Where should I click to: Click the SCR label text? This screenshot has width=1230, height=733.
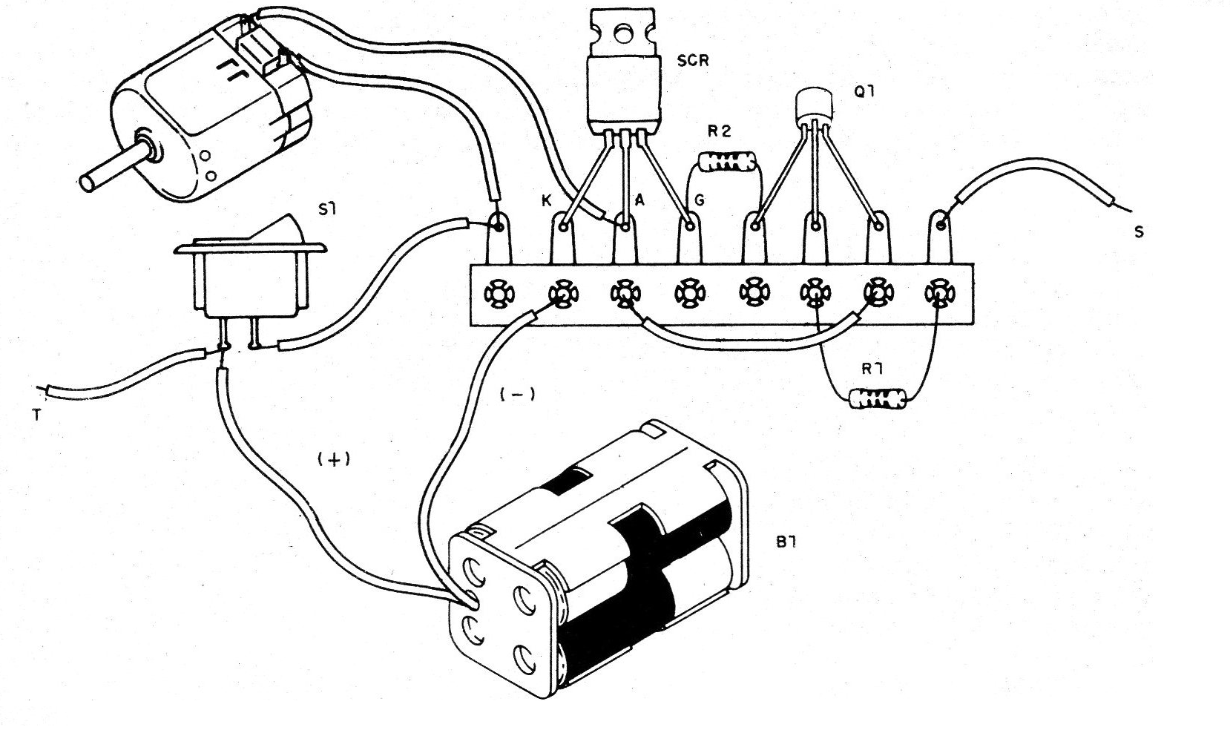693,61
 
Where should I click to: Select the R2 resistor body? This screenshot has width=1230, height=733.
727,162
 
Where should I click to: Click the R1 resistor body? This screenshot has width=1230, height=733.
881,399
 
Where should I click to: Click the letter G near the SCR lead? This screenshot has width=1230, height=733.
699,200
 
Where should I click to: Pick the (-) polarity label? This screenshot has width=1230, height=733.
517,395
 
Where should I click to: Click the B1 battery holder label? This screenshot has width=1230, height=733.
786,542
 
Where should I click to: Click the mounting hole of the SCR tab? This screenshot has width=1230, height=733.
622,32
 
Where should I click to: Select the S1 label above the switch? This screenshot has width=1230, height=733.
327,209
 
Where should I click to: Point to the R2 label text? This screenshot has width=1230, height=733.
719,131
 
